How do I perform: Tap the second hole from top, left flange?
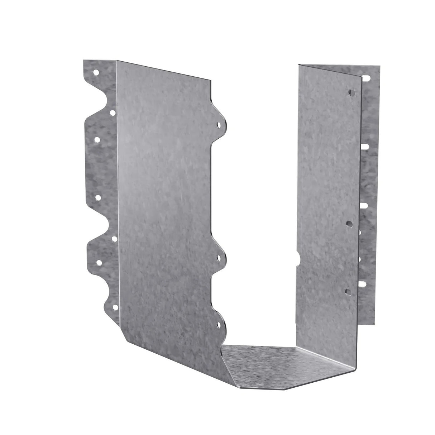pyautogui.click(x=112, y=113)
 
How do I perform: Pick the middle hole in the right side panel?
pyautogui.click(x=349, y=224)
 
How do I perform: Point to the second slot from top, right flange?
pyautogui.click(x=365, y=147)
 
